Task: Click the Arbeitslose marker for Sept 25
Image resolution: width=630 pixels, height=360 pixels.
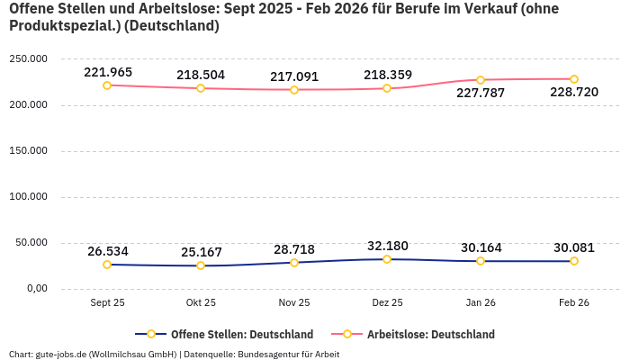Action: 107,85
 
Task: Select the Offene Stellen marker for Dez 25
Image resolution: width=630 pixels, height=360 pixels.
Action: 387,259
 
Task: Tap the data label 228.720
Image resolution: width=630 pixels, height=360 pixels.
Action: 574,93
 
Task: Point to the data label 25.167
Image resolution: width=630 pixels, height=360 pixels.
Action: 201,251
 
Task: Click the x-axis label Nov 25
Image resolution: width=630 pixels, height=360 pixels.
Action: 294,303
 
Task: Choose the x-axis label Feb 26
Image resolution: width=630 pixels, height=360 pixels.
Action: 574,303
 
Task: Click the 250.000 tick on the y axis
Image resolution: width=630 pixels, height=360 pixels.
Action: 28,58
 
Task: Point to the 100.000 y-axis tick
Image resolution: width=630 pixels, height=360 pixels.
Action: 28,196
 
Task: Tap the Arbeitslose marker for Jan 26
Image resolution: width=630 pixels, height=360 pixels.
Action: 481,80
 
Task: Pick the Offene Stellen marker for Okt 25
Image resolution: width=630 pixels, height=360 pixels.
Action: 201,265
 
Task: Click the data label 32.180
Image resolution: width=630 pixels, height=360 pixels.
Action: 387,246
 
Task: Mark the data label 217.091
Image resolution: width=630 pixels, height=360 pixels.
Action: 294,76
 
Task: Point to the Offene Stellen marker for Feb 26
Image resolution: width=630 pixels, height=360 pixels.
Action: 574,261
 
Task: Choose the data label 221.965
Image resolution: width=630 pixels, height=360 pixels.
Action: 107,72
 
